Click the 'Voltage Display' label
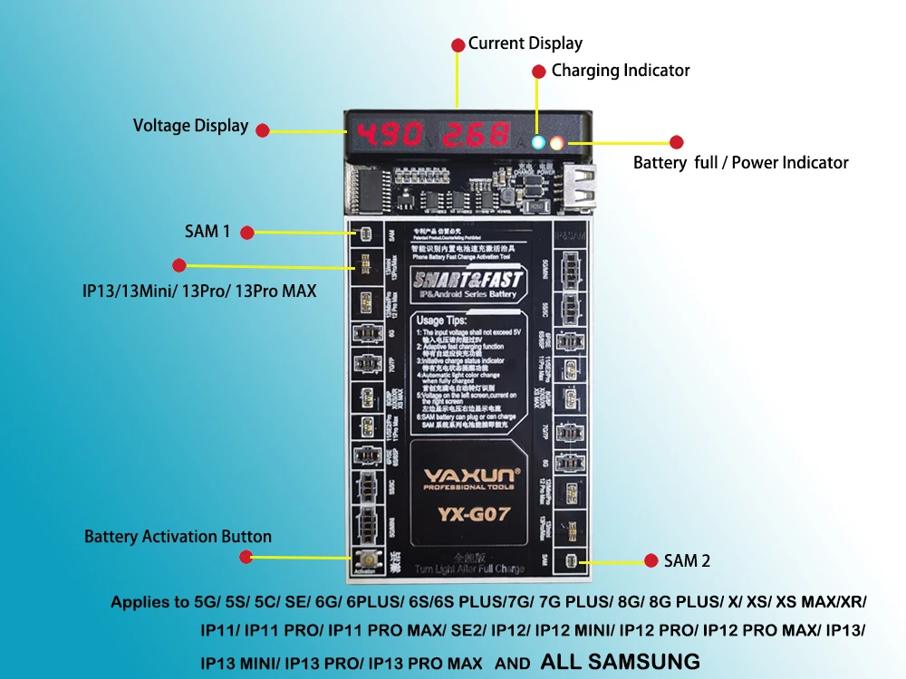tap(190, 126)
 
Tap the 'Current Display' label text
tap(525, 43)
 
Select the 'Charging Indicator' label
tap(621, 71)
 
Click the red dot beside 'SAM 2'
tap(650, 560)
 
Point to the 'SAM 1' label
tap(207, 232)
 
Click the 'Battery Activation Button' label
tap(178, 537)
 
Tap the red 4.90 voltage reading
tap(390, 136)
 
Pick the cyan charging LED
tap(539, 142)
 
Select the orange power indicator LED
tap(557, 142)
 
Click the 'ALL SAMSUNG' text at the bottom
tap(620, 661)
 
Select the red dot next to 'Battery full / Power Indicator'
tap(676, 142)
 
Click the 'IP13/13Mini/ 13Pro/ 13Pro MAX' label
tap(198, 292)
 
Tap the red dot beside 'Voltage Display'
tap(263, 130)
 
